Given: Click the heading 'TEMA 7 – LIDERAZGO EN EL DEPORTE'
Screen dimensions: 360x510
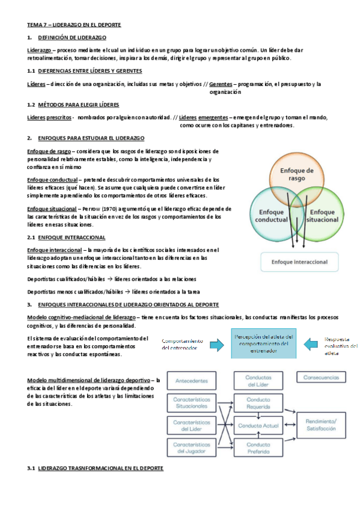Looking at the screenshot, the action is [x=75, y=25].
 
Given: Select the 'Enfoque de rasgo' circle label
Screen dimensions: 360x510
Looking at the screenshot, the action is [x=297, y=174].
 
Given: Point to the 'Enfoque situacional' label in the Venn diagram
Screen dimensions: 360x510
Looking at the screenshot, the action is [x=322, y=216].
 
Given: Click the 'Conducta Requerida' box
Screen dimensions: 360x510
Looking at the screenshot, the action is [x=258, y=402].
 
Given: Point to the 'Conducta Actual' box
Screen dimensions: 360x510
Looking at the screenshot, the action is [x=258, y=425].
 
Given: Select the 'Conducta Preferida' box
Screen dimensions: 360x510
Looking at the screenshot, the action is [x=258, y=448].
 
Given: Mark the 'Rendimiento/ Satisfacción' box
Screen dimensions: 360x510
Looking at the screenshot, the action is [x=321, y=425].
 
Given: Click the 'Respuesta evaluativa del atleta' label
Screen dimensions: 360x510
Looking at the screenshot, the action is [x=340, y=346].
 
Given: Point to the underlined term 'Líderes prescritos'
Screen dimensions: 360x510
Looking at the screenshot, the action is [x=49, y=117].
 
